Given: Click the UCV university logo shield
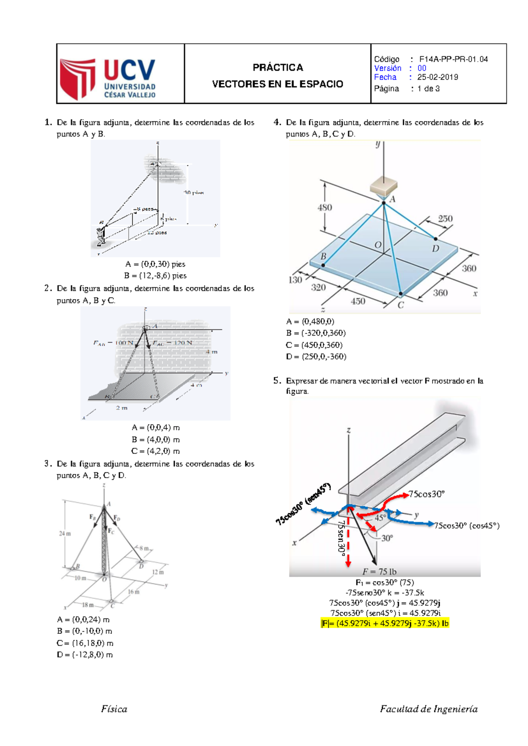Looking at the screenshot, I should [x=78, y=78].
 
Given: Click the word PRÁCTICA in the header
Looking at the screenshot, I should [x=278, y=67].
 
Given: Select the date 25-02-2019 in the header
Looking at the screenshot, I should [x=437, y=77].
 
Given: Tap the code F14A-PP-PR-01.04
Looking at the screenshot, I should [x=453, y=59].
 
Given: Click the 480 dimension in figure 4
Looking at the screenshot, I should [x=325, y=207].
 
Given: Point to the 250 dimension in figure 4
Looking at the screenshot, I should [x=445, y=219].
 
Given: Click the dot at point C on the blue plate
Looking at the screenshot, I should [x=400, y=293].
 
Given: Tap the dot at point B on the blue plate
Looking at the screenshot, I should [x=323, y=265].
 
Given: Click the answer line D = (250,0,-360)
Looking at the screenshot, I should [x=316, y=356].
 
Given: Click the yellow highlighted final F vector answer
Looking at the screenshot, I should [x=385, y=623].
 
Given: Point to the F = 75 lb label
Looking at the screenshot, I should [x=379, y=571].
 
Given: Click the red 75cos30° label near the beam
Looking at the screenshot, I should [x=426, y=494].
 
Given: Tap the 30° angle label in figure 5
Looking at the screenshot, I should [x=387, y=538].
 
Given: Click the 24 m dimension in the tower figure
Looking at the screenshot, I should [x=65, y=534].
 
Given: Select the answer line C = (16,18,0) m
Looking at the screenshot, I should [x=84, y=643].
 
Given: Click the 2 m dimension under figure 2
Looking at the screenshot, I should [x=121, y=408].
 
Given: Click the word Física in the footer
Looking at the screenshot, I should [x=114, y=709].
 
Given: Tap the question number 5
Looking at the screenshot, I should [x=277, y=380].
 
